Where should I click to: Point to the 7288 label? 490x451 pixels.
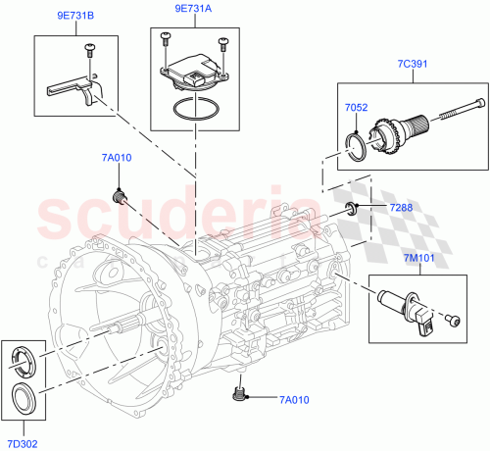tap(401, 209)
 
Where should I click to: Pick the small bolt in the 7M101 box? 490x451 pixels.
tap(453, 319)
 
